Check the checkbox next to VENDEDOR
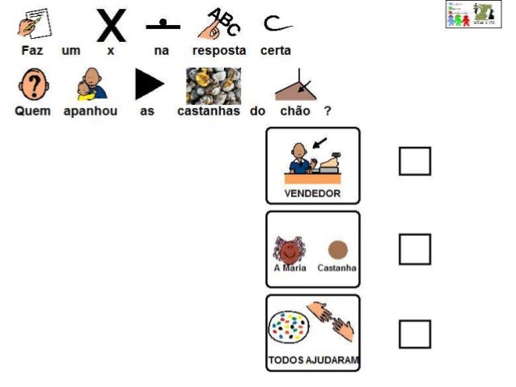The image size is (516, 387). coord(414,161)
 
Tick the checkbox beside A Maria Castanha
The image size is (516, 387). coord(414,249)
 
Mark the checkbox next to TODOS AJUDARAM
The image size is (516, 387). coord(414,334)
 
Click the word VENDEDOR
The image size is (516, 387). coord(312,194)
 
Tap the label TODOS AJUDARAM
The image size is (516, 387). coord(313,360)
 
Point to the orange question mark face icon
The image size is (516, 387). coord(33,84)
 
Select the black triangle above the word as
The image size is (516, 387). coord(148,84)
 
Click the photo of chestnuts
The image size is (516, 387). coord(213,85)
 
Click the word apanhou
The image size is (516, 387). coord(91,111)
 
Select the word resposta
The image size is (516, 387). coord(218,51)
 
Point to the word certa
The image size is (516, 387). coord(275,51)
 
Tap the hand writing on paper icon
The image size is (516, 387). coord(33,23)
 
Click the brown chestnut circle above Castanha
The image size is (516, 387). coord(337,250)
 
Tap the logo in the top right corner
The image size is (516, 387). coord(473,15)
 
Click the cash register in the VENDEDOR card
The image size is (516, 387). coord(335,164)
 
